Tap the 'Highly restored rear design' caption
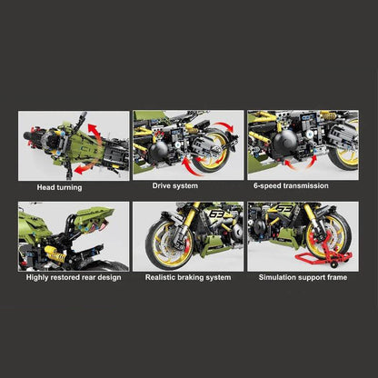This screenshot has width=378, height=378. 73,276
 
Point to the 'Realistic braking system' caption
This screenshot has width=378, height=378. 187,276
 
